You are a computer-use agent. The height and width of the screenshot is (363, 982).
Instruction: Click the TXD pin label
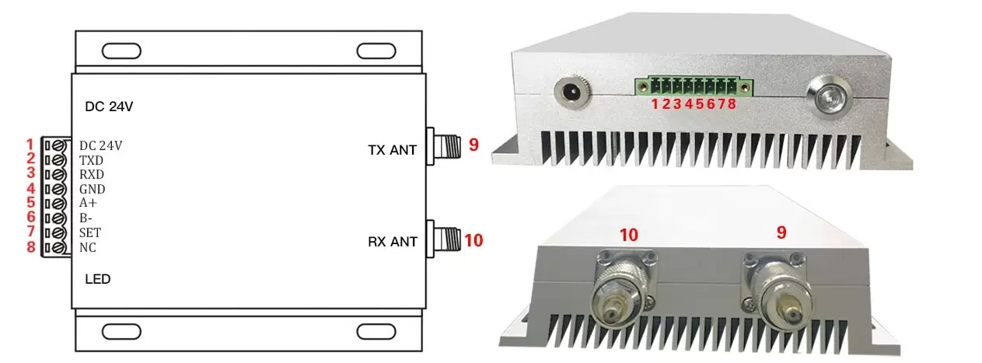coord(91,160)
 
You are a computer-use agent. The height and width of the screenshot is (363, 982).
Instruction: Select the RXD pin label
coord(92,174)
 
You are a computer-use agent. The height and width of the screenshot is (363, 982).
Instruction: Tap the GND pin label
coord(92,189)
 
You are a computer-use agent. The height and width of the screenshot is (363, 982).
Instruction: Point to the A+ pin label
coord(88,203)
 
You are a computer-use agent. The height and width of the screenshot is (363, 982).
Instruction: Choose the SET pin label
coord(90,232)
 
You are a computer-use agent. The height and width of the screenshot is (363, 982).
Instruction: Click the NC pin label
coord(88,247)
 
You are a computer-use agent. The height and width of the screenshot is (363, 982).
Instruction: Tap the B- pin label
coord(86,218)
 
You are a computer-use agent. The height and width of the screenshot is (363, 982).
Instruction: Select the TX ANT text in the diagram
coord(392,149)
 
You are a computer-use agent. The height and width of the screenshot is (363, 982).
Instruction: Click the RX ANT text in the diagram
coord(392,242)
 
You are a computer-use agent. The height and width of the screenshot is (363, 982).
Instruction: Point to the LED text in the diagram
coord(97,278)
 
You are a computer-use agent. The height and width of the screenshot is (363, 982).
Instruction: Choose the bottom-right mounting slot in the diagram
coord(376,332)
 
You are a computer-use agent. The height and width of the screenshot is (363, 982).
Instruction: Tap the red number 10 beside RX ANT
coord(474,241)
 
